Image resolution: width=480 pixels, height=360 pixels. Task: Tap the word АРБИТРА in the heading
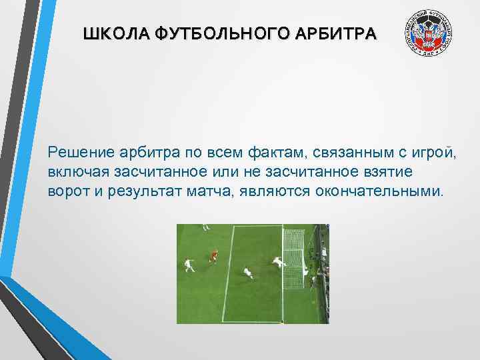point(338,33)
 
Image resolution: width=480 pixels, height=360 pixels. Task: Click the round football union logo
point(427,35)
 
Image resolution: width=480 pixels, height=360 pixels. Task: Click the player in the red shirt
point(214,256)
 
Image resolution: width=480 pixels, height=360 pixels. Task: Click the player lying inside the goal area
point(247,273)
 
